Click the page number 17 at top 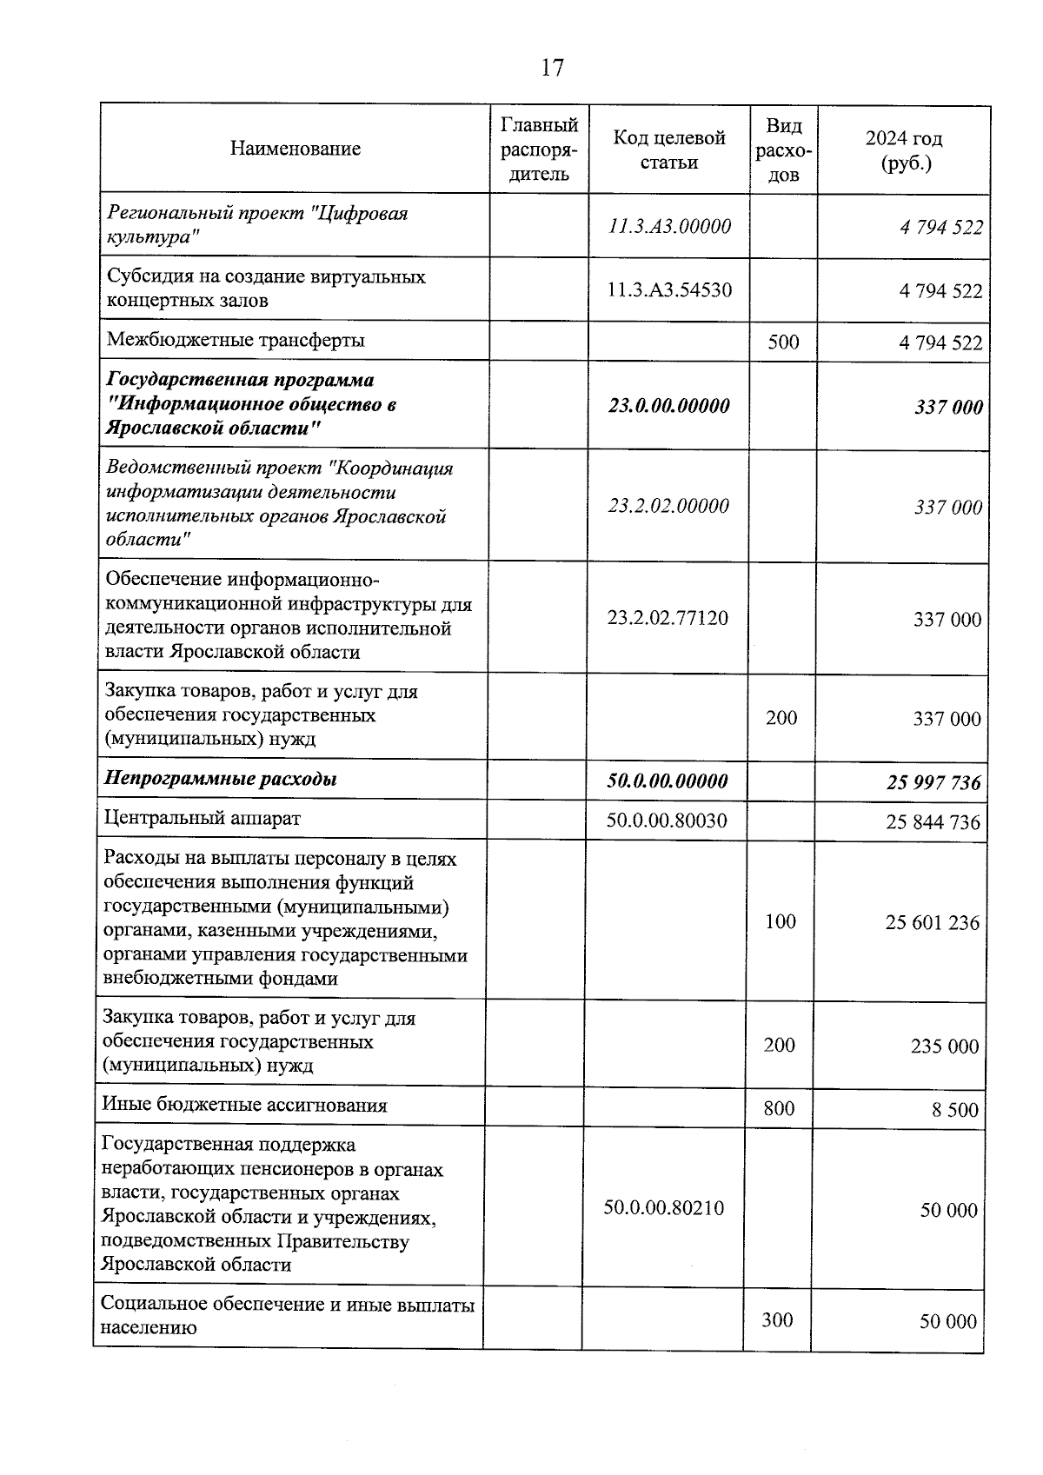click(552, 68)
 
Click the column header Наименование click(295, 149)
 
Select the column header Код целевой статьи click(668, 149)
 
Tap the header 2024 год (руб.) click(903, 150)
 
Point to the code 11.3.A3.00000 click(669, 227)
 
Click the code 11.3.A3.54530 click(669, 289)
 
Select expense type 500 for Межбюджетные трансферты click(783, 342)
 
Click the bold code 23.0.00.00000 click(668, 406)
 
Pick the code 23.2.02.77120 click(668, 618)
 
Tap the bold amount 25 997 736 click(933, 782)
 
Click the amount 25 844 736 click(933, 821)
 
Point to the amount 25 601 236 click(932, 922)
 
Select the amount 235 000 click(944, 1046)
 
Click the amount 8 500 click(954, 1110)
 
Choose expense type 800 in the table click(779, 1107)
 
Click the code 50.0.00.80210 click(663, 1207)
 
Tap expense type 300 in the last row click(777, 1320)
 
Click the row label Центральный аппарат click(202, 818)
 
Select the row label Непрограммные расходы click(221, 779)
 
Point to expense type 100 click(780, 921)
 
